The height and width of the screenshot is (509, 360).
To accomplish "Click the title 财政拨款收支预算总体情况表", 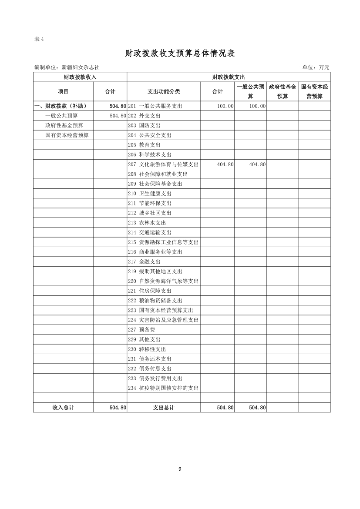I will pos(180,54).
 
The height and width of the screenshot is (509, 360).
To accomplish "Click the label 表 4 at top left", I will pos(39,39).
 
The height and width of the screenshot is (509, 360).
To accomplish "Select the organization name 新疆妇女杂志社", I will pos(81,67).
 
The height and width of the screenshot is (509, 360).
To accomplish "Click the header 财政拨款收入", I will pos(80,77).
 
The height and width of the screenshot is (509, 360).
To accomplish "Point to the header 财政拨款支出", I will pos(228,77).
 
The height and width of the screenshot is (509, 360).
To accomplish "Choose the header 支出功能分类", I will pos(164,91).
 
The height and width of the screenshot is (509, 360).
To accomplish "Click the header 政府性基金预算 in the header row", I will pos(283,91).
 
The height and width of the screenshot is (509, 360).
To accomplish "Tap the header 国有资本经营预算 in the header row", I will pos(314,91).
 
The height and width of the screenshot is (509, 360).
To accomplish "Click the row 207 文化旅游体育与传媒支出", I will pos(163,164).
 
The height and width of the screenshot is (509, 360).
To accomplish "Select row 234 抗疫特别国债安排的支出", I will pos(163,388).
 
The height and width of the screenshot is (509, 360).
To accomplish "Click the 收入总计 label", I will pos(63,408).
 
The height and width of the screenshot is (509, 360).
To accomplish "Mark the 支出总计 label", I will pos(164,408).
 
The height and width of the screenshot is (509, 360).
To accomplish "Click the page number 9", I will pos(180,469).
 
